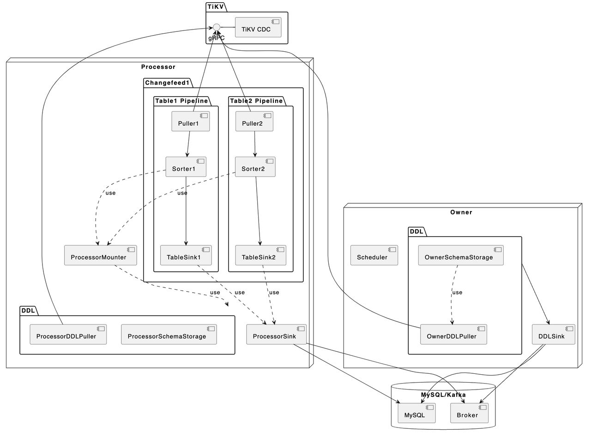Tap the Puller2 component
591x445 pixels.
click(254, 122)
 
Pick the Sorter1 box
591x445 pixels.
click(186, 167)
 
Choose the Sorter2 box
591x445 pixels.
click(255, 167)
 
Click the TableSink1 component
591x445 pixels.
click(186, 256)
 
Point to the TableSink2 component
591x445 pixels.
click(260, 256)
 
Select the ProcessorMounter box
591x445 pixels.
click(100, 256)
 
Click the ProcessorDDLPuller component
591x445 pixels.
click(68, 335)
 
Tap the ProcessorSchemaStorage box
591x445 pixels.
click(169, 335)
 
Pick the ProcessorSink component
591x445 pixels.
click(276, 335)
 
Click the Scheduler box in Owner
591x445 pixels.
click(374, 256)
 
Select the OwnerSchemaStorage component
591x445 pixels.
click(460, 256)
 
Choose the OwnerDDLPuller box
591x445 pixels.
click(453, 335)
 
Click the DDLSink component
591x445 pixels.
click(553, 335)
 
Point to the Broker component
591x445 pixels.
click(469, 413)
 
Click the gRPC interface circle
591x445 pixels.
click(216, 27)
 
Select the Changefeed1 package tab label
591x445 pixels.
click(167, 83)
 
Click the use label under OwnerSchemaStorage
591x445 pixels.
click(457, 293)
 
